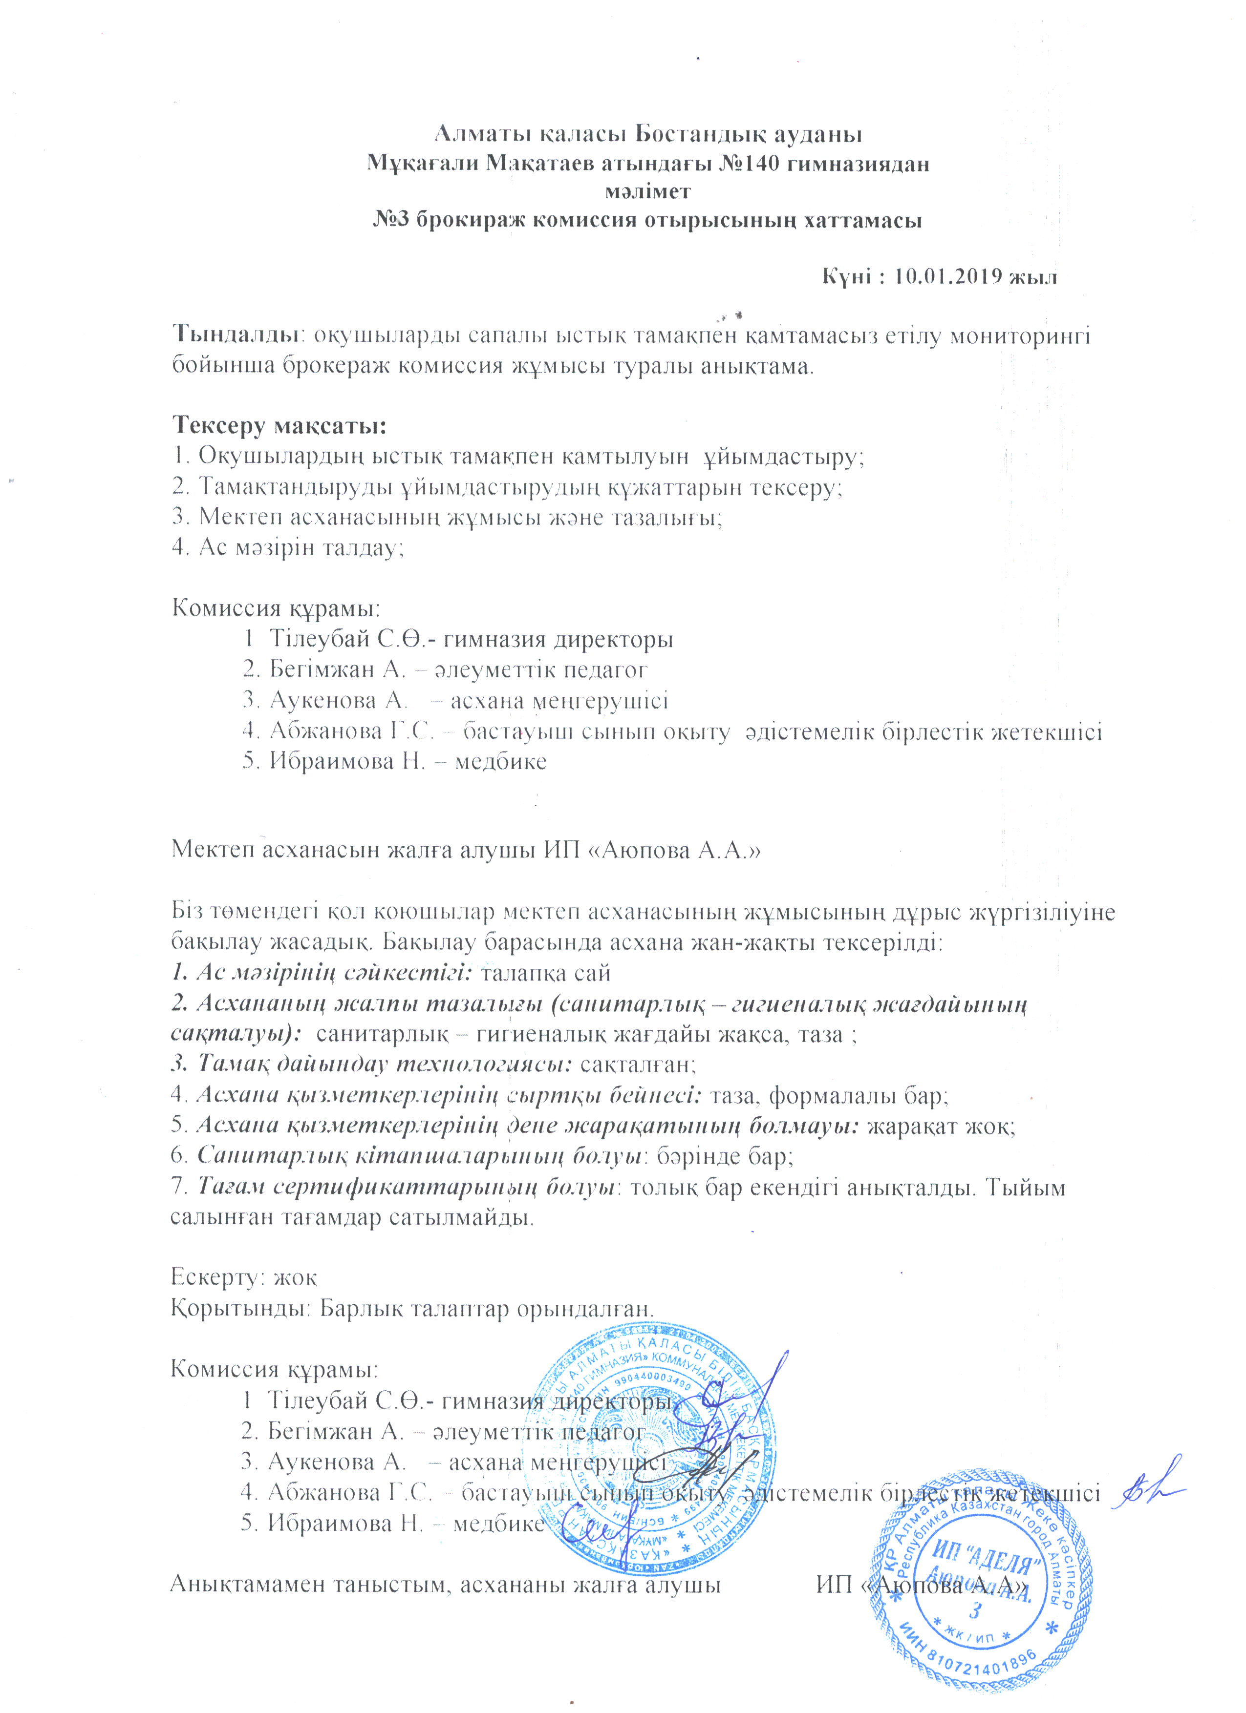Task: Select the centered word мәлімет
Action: pos(647,191)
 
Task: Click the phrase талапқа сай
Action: pos(545,974)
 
